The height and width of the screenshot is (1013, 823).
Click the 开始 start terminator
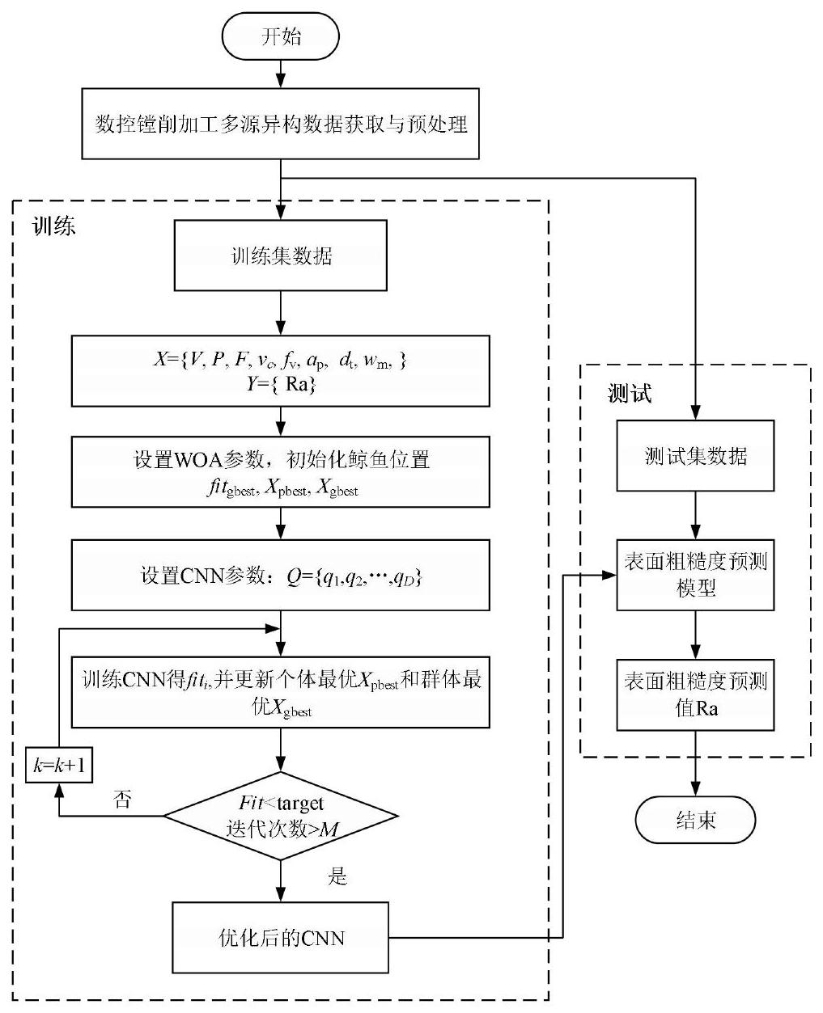pyautogui.click(x=280, y=37)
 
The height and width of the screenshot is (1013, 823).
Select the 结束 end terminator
pyautogui.click(x=694, y=821)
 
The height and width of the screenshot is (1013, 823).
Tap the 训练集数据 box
pyautogui.click(x=280, y=256)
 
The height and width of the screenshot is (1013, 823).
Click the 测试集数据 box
pyautogui.click(x=695, y=455)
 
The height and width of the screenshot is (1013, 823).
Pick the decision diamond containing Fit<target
pyautogui.click(x=280, y=816)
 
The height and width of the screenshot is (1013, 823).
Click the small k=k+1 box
pyautogui.click(x=58, y=765)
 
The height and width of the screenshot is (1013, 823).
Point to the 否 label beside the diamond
pyautogui.click(x=122, y=800)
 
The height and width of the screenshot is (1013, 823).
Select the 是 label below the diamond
pyautogui.click(x=337, y=876)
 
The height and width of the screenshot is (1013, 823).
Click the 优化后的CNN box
pyautogui.click(x=280, y=938)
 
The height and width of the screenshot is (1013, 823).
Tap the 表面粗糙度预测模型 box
pyautogui.click(x=695, y=574)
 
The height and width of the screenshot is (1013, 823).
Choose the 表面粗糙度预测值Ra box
pyautogui.click(x=695, y=694)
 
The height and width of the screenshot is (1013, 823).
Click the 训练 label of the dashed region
pyautogui.click(x=53, y=226)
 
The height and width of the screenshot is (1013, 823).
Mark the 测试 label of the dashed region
pyautogui.click(x=630, y=394)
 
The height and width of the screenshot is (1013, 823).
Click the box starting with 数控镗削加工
pyautogui.click(x=280, y=125)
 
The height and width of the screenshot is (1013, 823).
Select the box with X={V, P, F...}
pyautogui.click(x=280, y=371)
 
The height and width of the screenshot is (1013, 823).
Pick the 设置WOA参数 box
pyautogui.click(x=280, y=471)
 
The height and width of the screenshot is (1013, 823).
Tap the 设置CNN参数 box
pyautogui.click(x=280, y=575)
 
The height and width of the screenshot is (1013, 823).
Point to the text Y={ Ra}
pyautogui.click(x=280, y=385)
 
